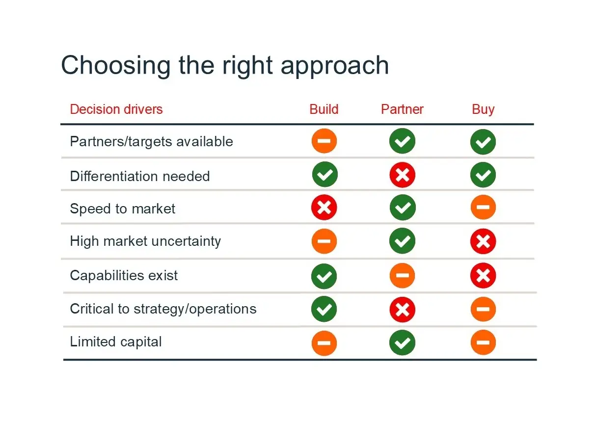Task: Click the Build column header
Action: click(x=324, y=109)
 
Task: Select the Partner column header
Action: click(x=402, y=109)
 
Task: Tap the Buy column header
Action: click(x=483, y=110)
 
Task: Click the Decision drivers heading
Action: click(x=116, y=109)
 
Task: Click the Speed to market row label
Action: click(x=123, y=209)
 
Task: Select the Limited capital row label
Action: click(x=116, y=341)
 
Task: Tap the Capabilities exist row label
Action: click(x=124, y=275)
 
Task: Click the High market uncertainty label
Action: click(x=145, y=241)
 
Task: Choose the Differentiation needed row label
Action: click(x=140, y=176)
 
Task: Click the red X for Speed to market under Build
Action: click(x=324, y=208)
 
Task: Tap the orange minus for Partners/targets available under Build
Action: click(x=324, y=141)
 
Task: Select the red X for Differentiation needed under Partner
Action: click(x=402, y=175)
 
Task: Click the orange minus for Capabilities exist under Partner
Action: click(x=402, y=275)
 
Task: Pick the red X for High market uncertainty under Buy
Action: click(x=483, y=241)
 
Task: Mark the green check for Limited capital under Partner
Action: click(x=402, y=342)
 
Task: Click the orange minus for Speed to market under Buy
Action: click(x=483, y=207)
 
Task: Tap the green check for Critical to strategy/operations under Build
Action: click(x=324, y=309)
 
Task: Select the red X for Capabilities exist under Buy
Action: click(x=483, y=275)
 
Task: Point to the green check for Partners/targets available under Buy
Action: click(x=483, y=142)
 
